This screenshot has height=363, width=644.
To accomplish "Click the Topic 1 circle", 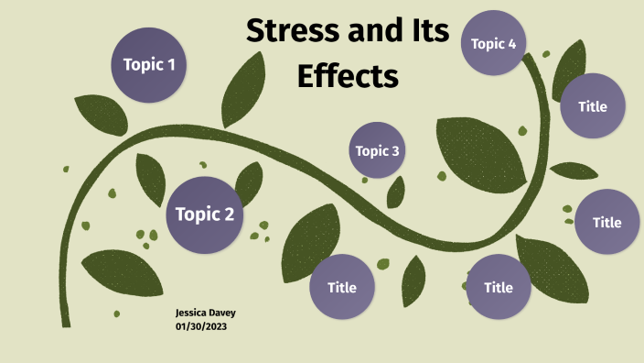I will [x=149, y=64].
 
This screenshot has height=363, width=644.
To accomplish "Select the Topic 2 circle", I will [x=204, y=215].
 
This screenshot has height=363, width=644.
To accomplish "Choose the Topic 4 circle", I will [x=494, y=43].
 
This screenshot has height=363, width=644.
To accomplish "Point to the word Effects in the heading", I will [x=349, y=75].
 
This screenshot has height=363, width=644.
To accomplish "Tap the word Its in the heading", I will [x=428, y=32].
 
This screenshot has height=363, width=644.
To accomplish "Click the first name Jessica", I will [x=193, y=313].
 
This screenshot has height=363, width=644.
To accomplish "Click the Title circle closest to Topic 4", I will [x=593, y=106].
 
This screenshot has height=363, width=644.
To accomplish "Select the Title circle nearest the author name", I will [x=342, y=287].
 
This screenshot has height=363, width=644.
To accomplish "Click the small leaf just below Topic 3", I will [x=396, y=192].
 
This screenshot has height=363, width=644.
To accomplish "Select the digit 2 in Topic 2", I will [x=229, y=215].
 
